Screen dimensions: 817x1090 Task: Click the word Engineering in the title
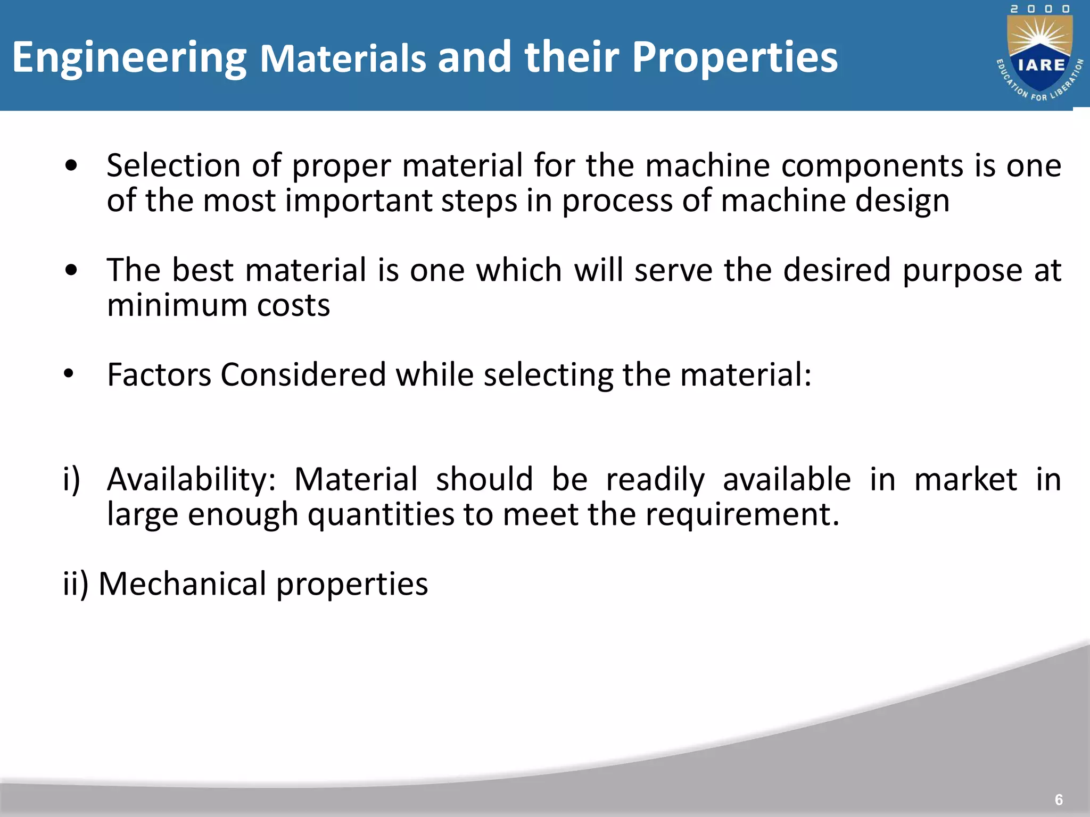pos(129,59)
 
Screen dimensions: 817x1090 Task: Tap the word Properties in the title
pos(734,59)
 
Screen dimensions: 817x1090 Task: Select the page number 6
pos(1059,799)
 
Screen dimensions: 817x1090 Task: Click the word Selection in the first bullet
pos(173,165)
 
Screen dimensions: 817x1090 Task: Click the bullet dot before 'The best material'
pos(71,270)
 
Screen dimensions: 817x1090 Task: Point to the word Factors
pos(159,374)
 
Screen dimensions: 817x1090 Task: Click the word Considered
pos(303,374)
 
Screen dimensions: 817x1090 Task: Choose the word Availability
pos(191,480)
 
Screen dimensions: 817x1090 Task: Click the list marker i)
pos(71,480)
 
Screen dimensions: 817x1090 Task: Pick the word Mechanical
pos(183,584)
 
